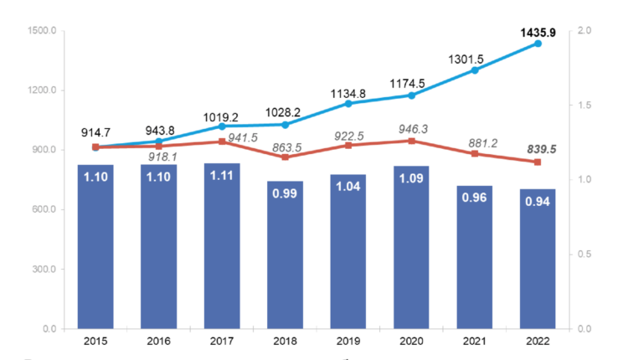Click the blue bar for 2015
tap(95, 246)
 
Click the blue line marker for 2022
tap(538, 44)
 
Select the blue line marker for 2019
tap(348, 103)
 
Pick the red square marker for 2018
tap(285, 157)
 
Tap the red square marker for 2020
tap(411, 141)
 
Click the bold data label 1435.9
tap(538, 33)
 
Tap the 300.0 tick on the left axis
tap(44, 269)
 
